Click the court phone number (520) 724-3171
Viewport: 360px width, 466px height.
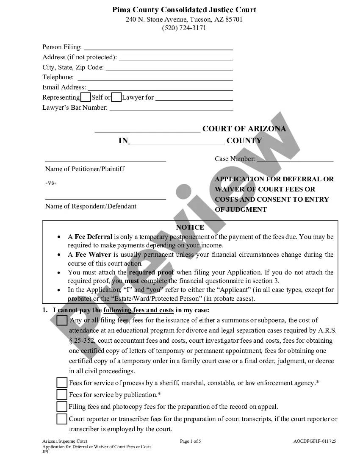coord(184,28)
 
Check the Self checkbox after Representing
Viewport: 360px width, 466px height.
coord(86,97)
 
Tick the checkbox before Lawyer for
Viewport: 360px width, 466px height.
coord(116,97)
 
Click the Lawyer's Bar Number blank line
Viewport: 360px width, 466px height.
coord(171,108)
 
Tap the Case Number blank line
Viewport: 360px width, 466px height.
coord(295,160)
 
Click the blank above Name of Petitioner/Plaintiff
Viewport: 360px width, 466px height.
coord(105,160)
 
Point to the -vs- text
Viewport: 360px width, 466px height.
coord(51,183)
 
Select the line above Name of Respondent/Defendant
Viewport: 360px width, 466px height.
coord(105,197)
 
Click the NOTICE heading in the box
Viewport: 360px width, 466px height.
coord(190,227)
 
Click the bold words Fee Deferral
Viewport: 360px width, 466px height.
coord(94,237)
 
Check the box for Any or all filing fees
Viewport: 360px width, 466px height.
coord(62,320)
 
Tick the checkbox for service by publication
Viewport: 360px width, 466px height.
coord(62,395)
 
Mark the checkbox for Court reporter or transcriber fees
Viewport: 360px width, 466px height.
coord(62,419)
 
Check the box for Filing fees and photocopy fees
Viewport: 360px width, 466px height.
coord(62,407)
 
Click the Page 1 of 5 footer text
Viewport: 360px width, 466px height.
coord(191,441)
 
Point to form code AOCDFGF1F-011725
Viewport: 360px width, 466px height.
coord(315,441)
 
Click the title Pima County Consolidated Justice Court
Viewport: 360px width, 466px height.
coord(184,10)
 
